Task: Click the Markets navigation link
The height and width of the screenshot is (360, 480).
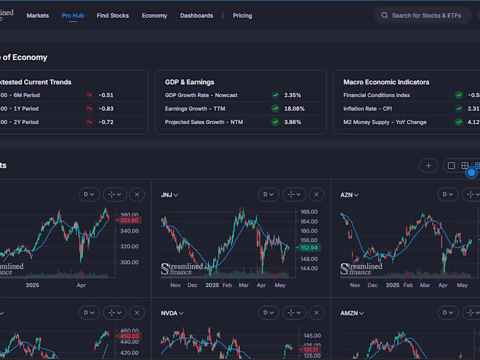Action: (38, 16)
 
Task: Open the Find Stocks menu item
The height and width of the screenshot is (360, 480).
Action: (113, 16)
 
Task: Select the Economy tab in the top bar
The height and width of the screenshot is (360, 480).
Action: (154, 16)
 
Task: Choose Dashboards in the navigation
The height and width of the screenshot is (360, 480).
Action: (196, 16)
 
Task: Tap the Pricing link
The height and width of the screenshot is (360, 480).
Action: (242, 16)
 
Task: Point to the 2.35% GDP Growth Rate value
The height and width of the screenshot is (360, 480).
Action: (293, 95)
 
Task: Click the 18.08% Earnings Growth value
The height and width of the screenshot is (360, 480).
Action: (294, 109)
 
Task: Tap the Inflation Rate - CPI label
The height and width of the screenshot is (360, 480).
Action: (367, 109)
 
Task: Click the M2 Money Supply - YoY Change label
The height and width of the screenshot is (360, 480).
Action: (385, 122)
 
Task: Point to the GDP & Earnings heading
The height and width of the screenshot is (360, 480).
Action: (190, 82)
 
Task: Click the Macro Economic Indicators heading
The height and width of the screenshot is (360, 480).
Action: (386, 82)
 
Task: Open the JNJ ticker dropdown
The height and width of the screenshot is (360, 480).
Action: (170, 195)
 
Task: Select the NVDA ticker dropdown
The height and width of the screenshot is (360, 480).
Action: (172, 313)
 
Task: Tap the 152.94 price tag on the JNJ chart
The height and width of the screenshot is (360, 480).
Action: (310, 247)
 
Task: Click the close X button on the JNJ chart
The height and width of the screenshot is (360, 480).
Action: (316, 194)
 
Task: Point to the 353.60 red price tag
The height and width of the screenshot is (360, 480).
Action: (129, 220)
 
